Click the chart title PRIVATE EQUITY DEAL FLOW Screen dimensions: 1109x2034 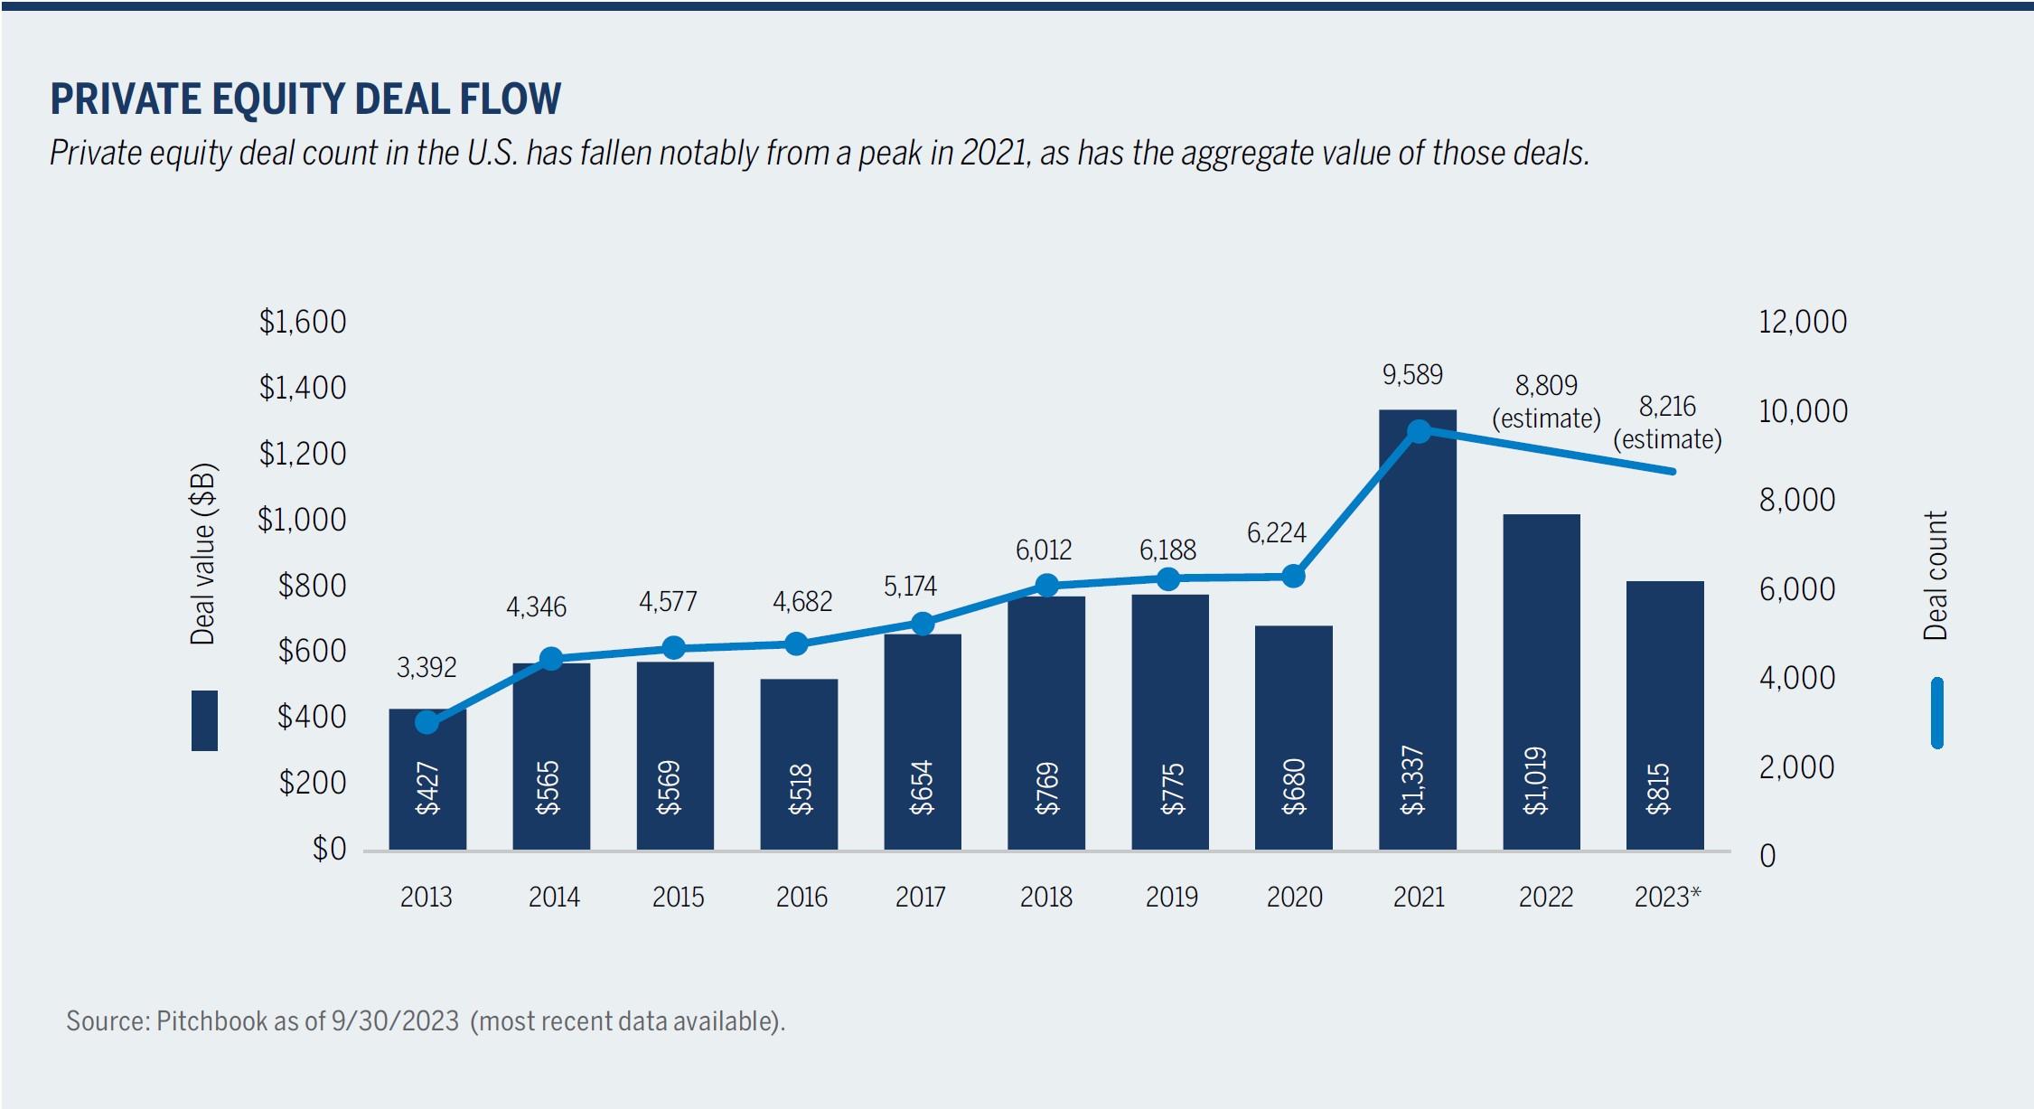[305, 99]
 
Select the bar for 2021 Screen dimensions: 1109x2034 [1417, 633]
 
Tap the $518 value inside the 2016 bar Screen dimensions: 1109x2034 [801, 788]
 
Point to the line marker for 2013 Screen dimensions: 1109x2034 [427, 722]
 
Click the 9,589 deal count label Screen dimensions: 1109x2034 [1412, 374]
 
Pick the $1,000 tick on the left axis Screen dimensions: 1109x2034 [302, 520]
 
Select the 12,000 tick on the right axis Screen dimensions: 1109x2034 [1802, 322]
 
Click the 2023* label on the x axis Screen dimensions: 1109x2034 [1667, 897]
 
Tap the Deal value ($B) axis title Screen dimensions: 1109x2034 [203, 553]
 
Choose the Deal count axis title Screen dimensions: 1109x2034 [1935, 576]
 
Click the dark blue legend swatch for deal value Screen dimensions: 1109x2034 [204, 720]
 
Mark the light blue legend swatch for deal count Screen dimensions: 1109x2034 [1936, 713]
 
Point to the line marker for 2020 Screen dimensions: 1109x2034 [1293, 576]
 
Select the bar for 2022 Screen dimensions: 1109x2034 [1541, 682]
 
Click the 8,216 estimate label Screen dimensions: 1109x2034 [1667, 407]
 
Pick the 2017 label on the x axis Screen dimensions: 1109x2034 [920, 897]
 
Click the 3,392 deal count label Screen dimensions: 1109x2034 [426, 668]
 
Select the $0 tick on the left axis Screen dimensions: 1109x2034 [329, 849]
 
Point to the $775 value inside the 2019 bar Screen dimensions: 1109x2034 [1171, 788]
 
